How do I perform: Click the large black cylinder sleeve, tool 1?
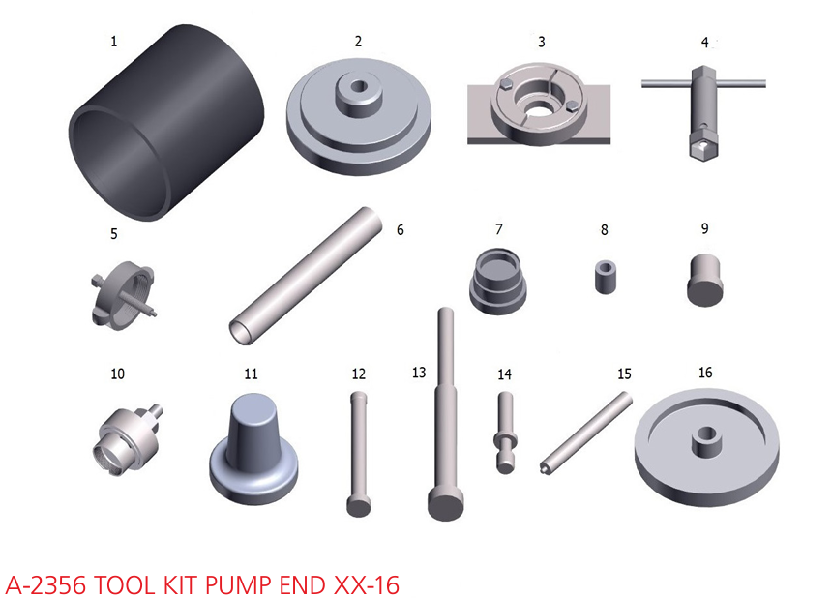pos(166,122)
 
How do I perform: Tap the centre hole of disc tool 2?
pos(359,86)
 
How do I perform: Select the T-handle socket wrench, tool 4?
pos(704,111)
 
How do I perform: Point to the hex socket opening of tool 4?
pos(703,144)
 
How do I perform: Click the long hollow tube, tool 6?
pos(306,276)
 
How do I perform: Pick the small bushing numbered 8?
pos(606,276)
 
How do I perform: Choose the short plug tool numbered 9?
pos(704,280)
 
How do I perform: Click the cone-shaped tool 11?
pos(253,448)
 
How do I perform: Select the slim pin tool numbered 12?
pos(358,454)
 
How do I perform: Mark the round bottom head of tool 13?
pos(446,504)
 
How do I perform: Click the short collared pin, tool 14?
pos(506,433)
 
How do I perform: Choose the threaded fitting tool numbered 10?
pos(129,437)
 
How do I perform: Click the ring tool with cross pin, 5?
pos(123,292)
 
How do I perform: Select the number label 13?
pos(419,373)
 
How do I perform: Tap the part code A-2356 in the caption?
pos(45,585)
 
